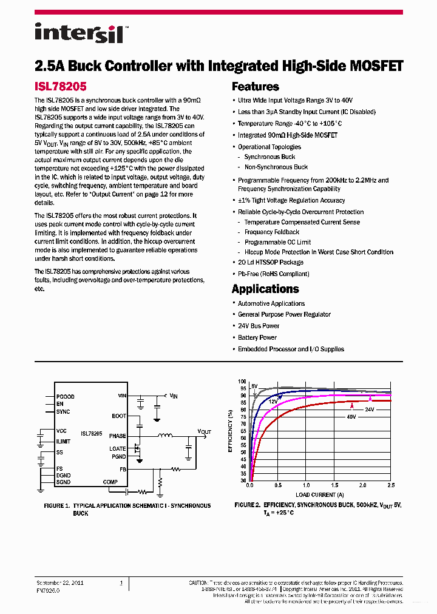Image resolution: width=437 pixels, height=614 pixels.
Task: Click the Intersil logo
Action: (79, 33)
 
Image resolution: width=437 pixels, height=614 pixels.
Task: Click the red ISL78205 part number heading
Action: (61, 87)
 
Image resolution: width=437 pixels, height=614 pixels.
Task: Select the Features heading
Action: (256, 87)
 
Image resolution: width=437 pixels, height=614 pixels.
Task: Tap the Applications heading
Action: (265, 289)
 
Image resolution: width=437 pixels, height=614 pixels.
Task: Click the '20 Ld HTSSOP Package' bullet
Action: (270, 262)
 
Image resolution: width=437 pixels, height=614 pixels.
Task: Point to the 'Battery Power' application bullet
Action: (257, 337)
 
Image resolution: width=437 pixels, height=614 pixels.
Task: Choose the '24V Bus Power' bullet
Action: (258, 326)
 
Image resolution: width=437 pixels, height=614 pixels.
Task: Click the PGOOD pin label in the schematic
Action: (66, 396)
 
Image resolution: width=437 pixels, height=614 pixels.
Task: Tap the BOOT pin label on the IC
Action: (119, 416)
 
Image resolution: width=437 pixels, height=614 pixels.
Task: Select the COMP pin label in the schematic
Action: (110, 482)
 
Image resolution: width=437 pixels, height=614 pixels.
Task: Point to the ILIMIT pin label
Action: (64, 441)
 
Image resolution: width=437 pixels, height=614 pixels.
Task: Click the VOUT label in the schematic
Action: (204, 431)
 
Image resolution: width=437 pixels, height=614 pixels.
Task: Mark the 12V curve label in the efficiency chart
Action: (273, 401)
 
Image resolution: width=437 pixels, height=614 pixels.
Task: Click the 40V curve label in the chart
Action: (351, 416)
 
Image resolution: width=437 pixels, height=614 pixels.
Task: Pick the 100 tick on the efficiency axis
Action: (243, 382)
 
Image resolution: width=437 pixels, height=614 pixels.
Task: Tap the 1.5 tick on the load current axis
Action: (335, 485)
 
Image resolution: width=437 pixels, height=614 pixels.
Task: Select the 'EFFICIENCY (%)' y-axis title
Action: (230, 431)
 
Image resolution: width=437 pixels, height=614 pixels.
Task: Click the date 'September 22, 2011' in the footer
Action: (60, 583)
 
